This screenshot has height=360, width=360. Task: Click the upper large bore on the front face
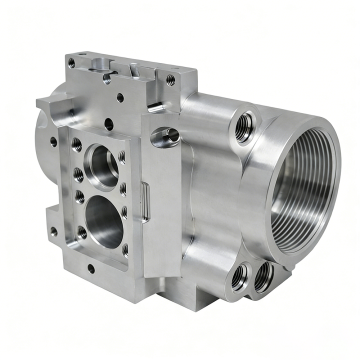tap(99, 159)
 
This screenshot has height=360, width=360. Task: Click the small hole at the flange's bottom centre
tap(90, 268)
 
